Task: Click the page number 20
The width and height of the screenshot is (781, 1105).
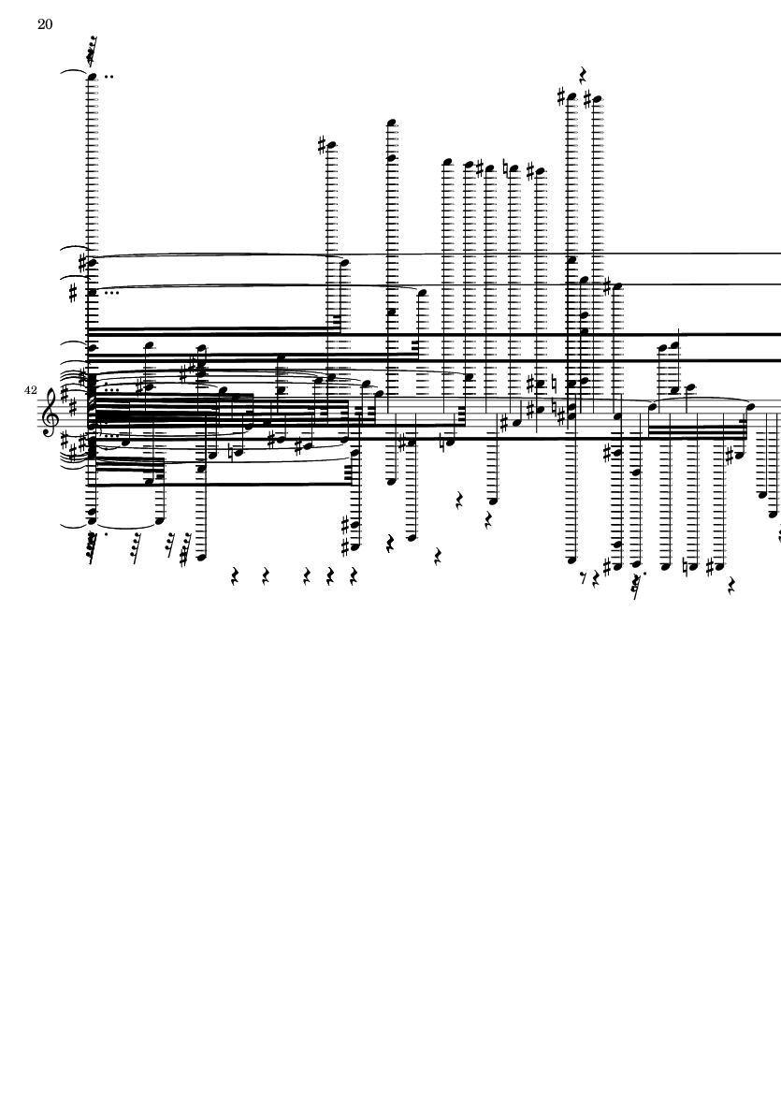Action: (45, 24)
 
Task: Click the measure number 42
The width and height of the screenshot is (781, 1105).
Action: (30, 390)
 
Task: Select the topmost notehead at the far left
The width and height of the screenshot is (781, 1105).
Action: (92, 76)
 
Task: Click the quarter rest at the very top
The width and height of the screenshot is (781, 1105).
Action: (583, 74)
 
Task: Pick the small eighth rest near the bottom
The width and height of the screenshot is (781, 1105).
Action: (584, 579)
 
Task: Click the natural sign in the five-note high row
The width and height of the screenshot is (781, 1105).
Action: (506, 168)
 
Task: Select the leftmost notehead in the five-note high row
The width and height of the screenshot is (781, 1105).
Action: (446, 162)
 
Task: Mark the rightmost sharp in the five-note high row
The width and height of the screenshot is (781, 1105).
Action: (531, 170)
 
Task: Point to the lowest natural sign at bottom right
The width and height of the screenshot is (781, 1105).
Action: (685, 566)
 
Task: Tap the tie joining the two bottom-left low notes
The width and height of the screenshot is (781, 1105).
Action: (125, 526)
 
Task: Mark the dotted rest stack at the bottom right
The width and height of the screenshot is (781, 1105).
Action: (638, 584)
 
